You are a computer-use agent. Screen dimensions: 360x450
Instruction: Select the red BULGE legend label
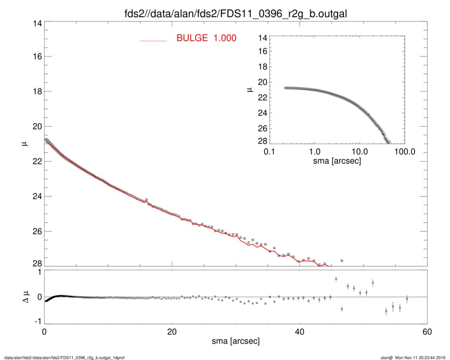click(x=206, y=38)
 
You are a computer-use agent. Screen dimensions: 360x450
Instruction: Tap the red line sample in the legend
click(x=154, y=40)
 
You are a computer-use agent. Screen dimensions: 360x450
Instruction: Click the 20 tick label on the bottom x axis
click(x=172, y=333)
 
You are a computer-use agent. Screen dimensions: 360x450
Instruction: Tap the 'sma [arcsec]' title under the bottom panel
click(x=235, y=342)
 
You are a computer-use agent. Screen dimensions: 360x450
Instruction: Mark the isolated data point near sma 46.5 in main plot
click(x=342, y=260)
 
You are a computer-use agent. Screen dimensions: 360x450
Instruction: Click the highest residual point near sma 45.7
click(x=336, y=279)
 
